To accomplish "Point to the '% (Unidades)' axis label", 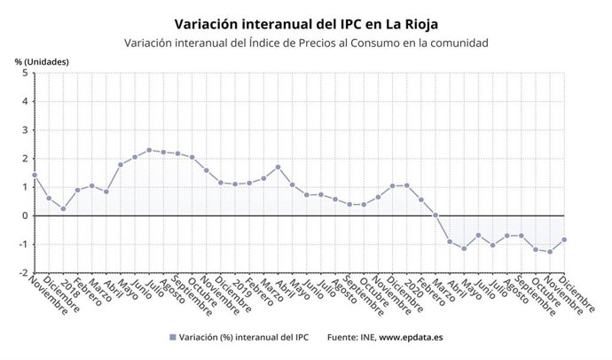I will tap(42, 61).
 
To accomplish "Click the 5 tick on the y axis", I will tap(25, 74).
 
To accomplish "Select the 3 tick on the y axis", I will tap(25, 130).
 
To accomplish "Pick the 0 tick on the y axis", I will tap(25, 215).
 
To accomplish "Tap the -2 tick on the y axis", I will tap(23, 273).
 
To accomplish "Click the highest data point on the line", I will tap(149, 150).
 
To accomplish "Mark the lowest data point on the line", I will tap(550, 252).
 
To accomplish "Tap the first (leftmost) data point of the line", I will tap(35, 175).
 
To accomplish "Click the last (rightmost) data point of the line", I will tap(564, 239).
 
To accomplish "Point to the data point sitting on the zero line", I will tap(435, 215).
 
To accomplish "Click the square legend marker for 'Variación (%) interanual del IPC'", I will tap(171, 338).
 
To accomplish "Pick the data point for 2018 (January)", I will tap(63, 209).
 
